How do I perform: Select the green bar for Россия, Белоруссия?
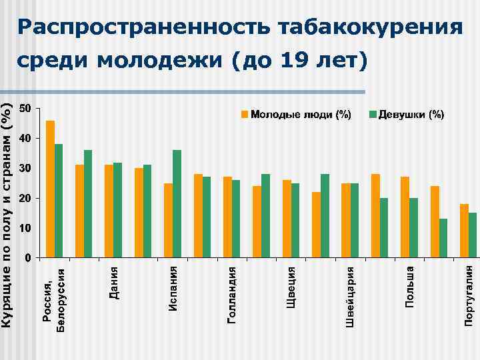[59, 200]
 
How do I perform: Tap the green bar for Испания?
[177, 203]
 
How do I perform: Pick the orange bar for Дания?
[109, 211]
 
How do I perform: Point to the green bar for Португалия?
[473, 235]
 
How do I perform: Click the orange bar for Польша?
[405, 217]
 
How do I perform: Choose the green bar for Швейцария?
[355, 220]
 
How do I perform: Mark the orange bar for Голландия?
[227, 217]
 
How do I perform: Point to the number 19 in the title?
[295, 61]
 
